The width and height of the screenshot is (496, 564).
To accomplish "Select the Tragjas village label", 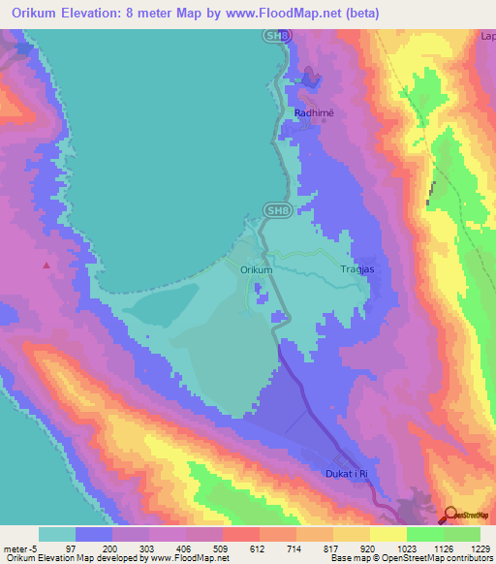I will coord(358,270).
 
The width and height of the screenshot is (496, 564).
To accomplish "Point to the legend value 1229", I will coord(468,548).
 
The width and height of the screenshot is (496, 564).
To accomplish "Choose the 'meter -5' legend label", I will coord(19,548).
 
